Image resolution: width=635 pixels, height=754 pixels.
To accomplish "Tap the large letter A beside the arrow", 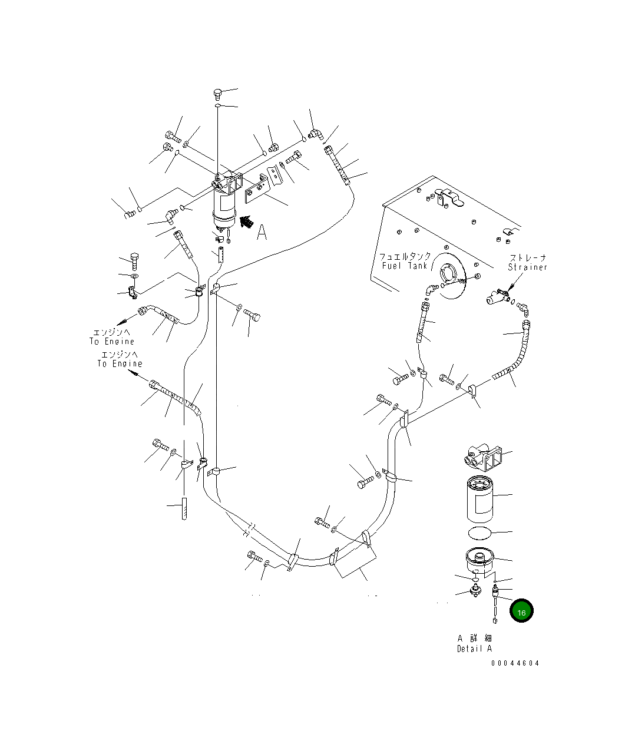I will [x=262, y=233].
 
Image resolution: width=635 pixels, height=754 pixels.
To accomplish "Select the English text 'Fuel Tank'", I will [x=404, y=266].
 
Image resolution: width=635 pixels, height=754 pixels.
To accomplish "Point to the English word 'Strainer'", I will [x=528, y=267].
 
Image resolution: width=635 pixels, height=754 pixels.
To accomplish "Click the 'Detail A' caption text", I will [x=474, y=649].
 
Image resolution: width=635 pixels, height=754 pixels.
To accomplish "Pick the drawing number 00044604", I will [x=515, y=663].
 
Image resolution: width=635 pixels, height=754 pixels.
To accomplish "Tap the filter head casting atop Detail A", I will [x=483, y=456].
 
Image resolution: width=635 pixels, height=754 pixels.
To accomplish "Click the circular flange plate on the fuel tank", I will [x=451, y=275].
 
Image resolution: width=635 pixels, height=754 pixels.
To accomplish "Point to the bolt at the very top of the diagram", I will [x=217, y=93].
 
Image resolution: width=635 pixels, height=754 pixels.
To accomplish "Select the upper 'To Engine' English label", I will [x=112, y=342].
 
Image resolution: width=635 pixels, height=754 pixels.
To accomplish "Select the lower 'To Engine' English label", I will [x=120, y=364].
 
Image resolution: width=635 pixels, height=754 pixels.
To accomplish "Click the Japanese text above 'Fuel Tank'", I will [x=405, y=257].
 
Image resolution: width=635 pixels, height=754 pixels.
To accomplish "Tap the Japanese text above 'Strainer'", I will [x=528, y=258].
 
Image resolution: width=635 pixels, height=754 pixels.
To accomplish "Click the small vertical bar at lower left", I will [x=184, y=508].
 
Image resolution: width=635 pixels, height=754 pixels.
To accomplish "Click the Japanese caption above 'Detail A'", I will [x=474, y=639].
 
